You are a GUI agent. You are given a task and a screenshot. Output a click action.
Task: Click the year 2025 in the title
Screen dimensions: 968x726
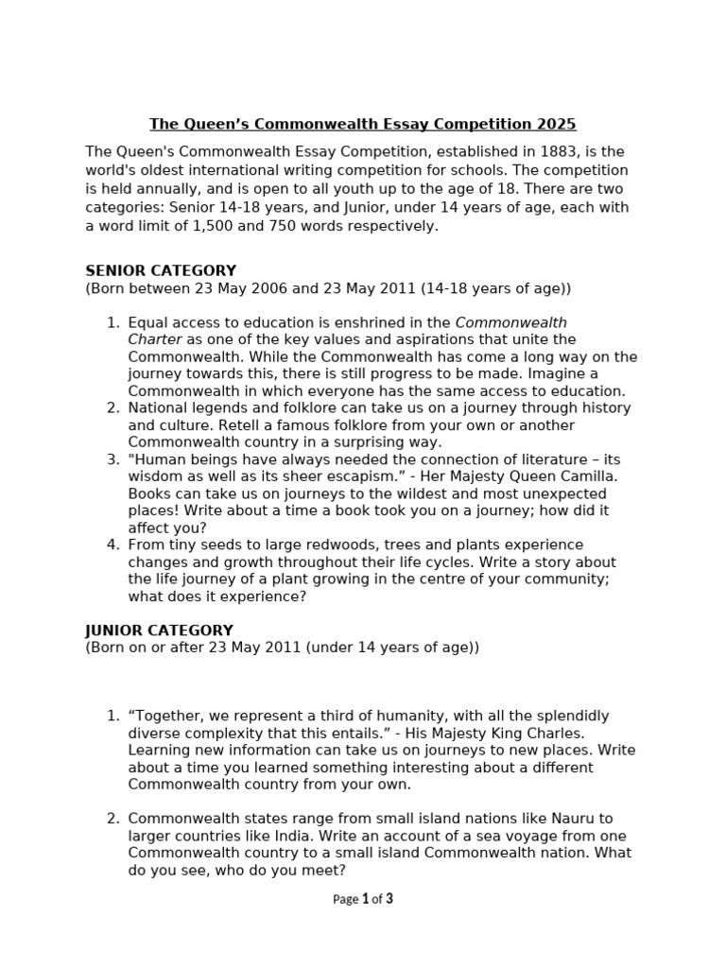557,124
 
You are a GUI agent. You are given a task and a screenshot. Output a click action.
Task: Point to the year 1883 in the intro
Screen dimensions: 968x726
551,151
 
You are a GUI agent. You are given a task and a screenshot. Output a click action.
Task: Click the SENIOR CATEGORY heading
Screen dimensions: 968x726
161,270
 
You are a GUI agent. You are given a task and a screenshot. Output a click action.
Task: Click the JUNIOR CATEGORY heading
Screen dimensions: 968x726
159,630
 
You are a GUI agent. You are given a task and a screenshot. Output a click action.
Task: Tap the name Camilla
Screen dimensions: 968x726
587,476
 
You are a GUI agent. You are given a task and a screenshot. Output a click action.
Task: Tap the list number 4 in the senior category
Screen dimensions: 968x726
112,544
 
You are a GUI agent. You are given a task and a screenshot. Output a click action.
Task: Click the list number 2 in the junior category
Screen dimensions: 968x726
112,819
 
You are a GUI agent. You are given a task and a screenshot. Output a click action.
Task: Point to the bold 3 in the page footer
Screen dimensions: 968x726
389,899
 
